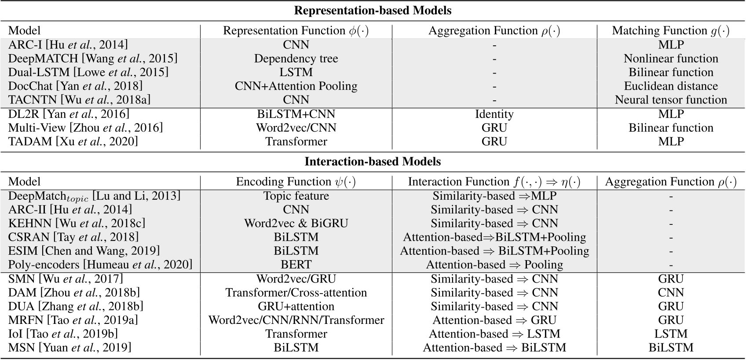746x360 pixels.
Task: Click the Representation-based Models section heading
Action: (x=373, y=10)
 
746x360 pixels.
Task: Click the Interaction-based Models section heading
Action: (x=373, y=162)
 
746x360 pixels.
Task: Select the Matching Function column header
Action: (x=670, y=30)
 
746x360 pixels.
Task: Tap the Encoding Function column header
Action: (x=296, y=182)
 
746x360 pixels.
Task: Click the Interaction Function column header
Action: (x=494, y=182)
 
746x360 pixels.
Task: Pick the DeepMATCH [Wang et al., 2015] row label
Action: (x=93, y=59)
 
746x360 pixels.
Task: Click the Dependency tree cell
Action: (x=296, y=59)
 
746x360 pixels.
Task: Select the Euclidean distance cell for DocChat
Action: (x=670, y=86)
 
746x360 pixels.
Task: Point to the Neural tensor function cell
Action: (x=670, y=100)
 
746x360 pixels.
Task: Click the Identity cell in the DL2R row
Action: (x=494, y=114)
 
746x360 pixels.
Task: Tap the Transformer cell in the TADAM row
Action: (x=296, y=141)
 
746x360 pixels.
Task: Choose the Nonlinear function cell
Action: (x=670, y=59)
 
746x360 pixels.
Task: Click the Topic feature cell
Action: (x=296, y=196)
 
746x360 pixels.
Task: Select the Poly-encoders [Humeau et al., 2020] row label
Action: (x=100, y=264)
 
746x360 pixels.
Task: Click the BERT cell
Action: (x=296, y=264)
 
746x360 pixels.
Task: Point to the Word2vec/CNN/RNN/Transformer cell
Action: (x=296, y=320)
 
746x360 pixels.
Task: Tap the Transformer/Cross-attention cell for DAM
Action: (x=296, y=293)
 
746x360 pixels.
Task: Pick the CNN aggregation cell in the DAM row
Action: (x=670, y=293)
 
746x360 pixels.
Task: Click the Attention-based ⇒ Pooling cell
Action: (x=494, y=264)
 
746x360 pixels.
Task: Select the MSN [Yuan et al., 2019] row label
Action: (x=69, y=348)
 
